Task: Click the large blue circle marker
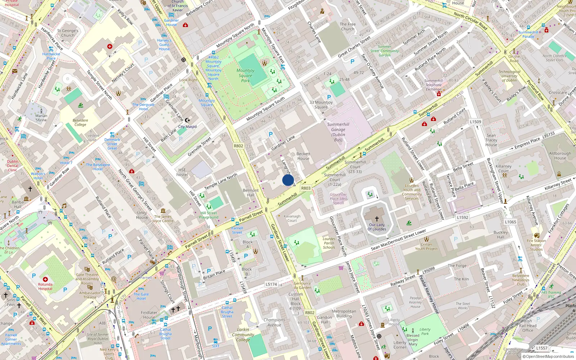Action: click(288, 180)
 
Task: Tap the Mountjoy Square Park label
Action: click(246, 76)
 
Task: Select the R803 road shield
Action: click(306, 188)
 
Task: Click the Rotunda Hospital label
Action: click(45, 287)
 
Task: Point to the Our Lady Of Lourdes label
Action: click(377, 227)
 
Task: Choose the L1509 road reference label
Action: click(475, 122)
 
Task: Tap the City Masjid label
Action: click(188, 126)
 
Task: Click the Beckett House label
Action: click(303, 156)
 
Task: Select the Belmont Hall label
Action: click(251, 193)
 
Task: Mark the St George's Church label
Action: click(68, 33)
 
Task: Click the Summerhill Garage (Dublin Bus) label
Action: click(338, 132)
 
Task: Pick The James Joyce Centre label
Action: click(163, 219)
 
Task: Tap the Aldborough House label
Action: click(560, 156)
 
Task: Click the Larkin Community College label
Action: click(243, 334)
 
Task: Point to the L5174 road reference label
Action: click(271, 284)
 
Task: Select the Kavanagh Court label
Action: click(292, 219)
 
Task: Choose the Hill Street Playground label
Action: click(209, 215)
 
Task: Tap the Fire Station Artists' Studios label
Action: click(536, 245)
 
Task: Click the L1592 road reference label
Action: click(463, 217)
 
